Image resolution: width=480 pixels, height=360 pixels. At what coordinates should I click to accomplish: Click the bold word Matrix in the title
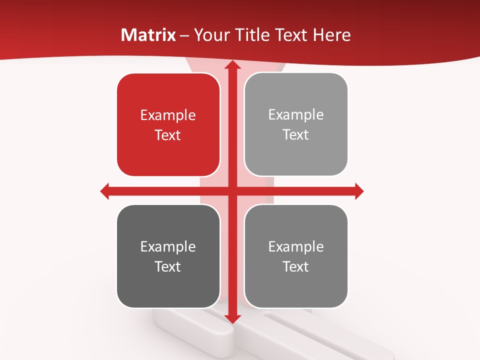point(148,35)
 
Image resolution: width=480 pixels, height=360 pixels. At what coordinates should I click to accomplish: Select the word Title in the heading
point(249,35)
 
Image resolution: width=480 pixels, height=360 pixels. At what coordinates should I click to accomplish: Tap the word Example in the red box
point(168,115)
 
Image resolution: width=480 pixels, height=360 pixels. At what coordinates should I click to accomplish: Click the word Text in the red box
point(168,135)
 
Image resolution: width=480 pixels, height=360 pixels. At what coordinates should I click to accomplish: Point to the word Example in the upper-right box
point(296,115)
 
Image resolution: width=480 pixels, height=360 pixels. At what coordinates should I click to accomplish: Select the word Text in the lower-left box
point(168,266)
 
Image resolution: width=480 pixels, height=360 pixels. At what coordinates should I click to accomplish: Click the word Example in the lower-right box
point(296,246)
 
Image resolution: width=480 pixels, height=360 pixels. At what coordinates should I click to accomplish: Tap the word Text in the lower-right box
point(296,266)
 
